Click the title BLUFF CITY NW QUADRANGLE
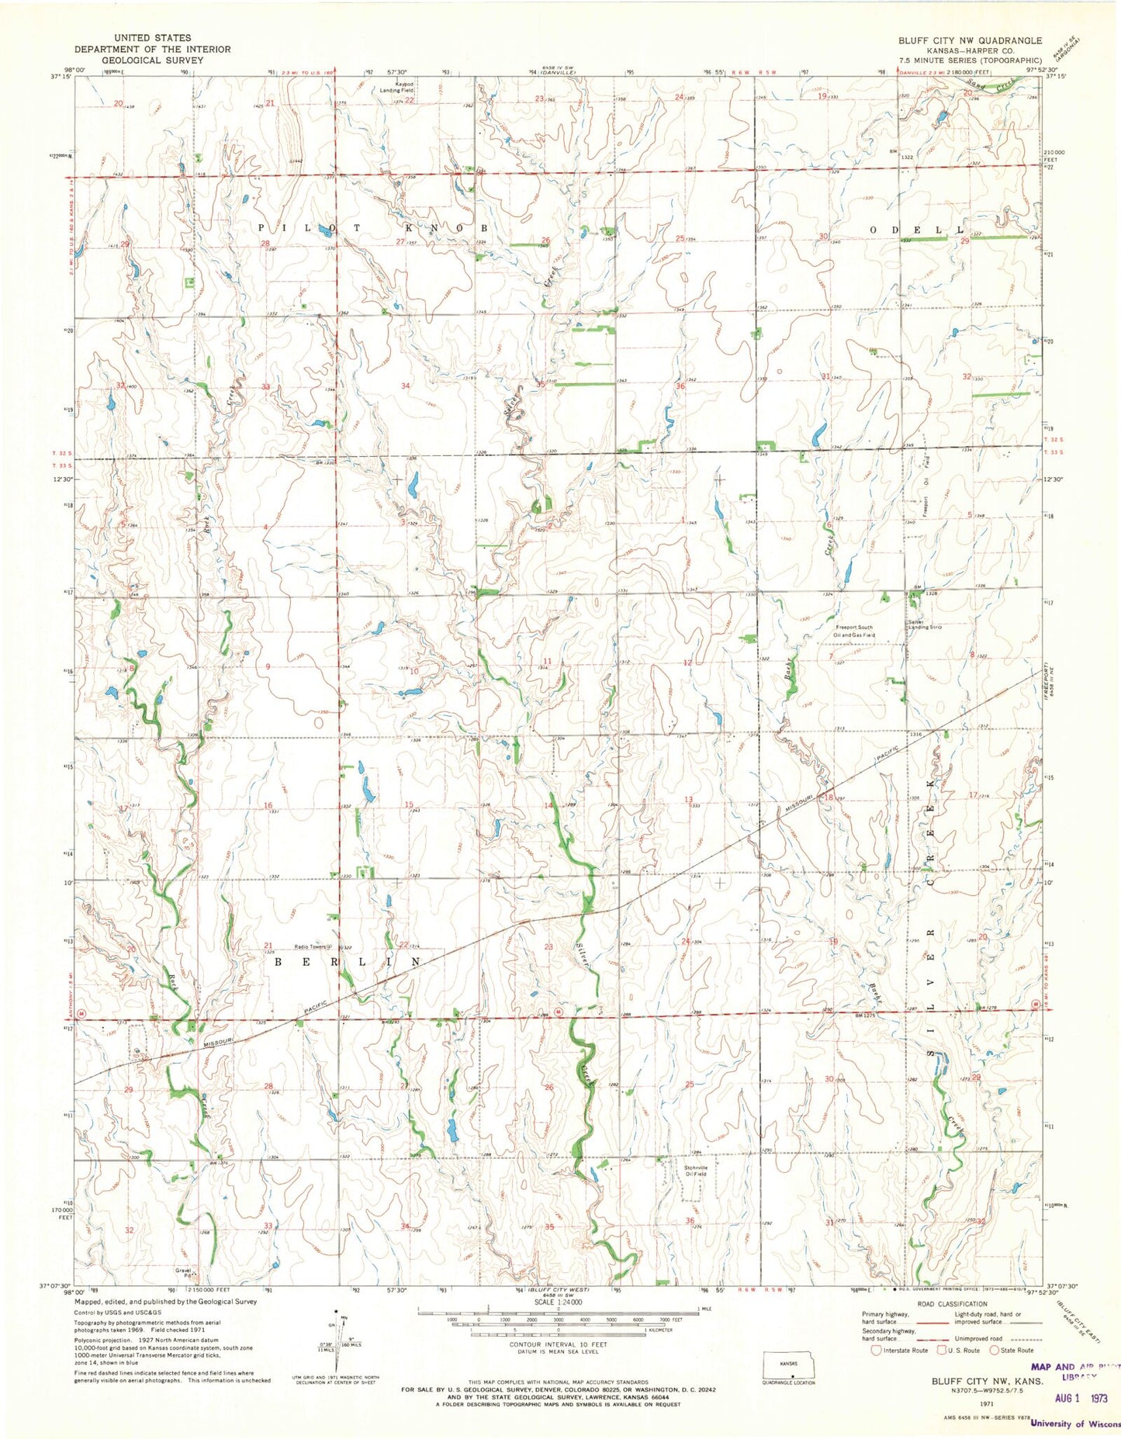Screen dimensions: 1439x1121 [x=970, y=40]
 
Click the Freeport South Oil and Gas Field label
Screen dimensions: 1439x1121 [x=854, y=631]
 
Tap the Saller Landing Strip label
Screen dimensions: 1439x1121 [x=924, y=624]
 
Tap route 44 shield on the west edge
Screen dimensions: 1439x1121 [x=81, y=1014]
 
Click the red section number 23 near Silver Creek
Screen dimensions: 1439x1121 [x=548, y=946]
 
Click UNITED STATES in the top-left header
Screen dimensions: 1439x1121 [x=152, y=37]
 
